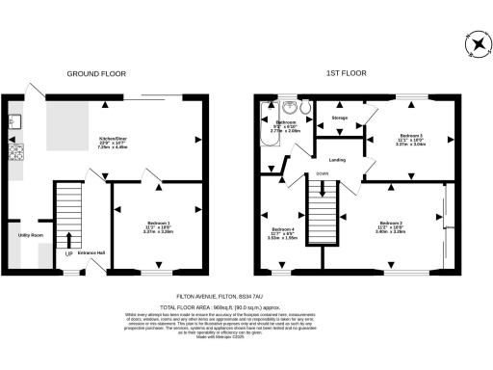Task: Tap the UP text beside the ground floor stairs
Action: point(69,253)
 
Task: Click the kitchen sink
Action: point(15,121)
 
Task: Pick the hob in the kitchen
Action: point(15,151)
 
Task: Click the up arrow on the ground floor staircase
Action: point(69,237)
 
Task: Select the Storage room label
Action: point(339,118)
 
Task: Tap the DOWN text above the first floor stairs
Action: point(323,174)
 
